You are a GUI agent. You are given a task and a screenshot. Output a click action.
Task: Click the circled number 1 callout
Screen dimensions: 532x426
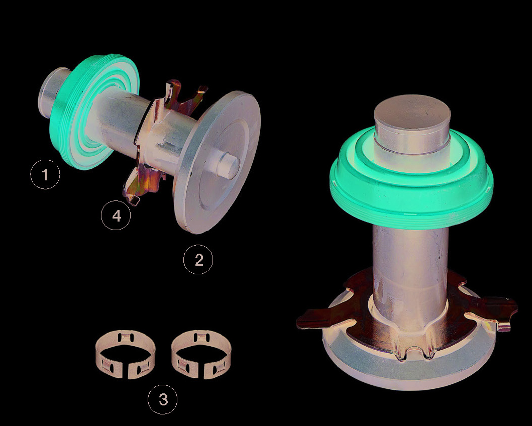pos(45,174)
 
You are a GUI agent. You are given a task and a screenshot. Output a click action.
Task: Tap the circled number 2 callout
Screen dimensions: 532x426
pos(198,259)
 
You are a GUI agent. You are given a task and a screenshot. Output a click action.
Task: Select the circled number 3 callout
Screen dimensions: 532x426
pos(163,399)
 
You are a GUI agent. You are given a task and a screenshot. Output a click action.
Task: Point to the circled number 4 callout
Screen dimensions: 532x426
pos(116,216)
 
